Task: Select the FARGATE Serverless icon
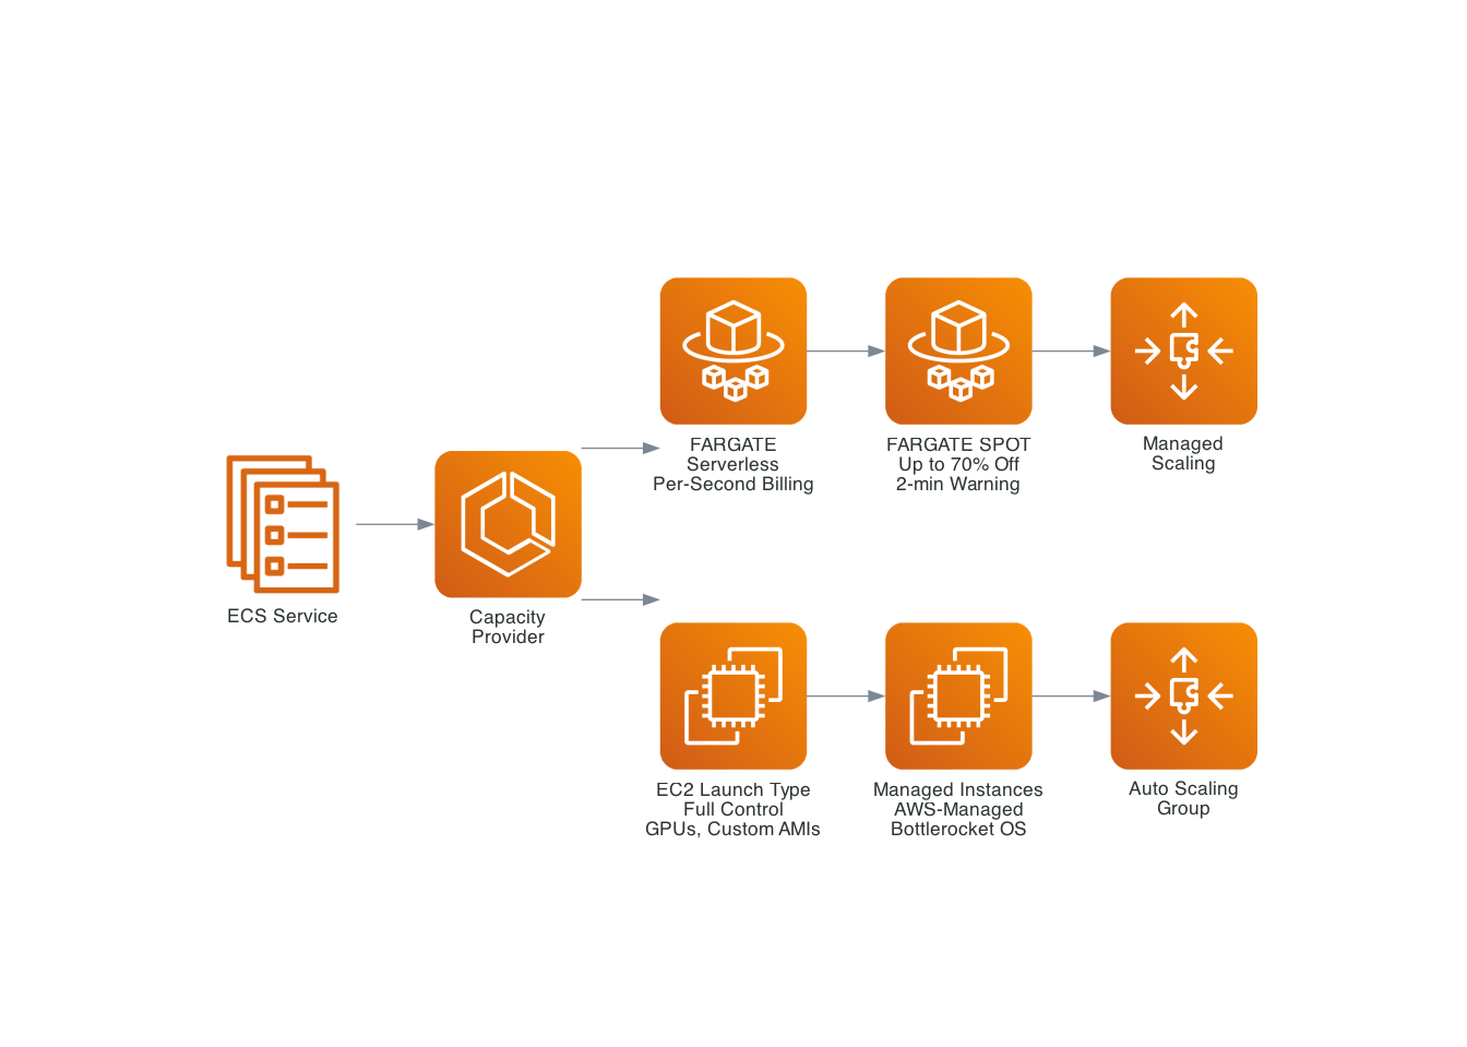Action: pyautogui.click(x=733, y=351)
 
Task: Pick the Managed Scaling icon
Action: pyautogui.click(x=1184, y=351)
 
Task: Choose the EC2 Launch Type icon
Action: pyautogui.click(x=733, y=696)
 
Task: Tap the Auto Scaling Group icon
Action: pyautogui.click(x=1184, y=696)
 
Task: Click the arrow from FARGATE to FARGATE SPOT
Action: pyautogui.click(x=845, y=351)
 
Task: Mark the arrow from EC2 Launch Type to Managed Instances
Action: pyautogui.click(x=845, y=696)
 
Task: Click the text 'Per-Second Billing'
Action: pyautogui.click(x=733, y=484)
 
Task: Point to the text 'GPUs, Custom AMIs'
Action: pyautogui.click(x=733, y=829)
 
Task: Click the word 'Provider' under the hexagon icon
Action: pyautogui.click(x=508, y=637)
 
